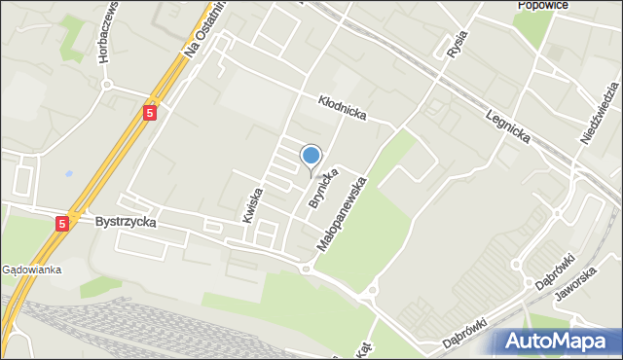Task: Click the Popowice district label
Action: click(542, 5)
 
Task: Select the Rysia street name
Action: click(455, 44)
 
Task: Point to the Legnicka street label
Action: click(508, 126)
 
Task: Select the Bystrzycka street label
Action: click(127, 222)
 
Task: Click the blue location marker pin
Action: click(311, 157)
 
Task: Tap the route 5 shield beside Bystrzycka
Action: click(62, 223)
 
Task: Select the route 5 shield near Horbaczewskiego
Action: click(149, 113)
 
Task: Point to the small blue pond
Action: click(69, 174)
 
